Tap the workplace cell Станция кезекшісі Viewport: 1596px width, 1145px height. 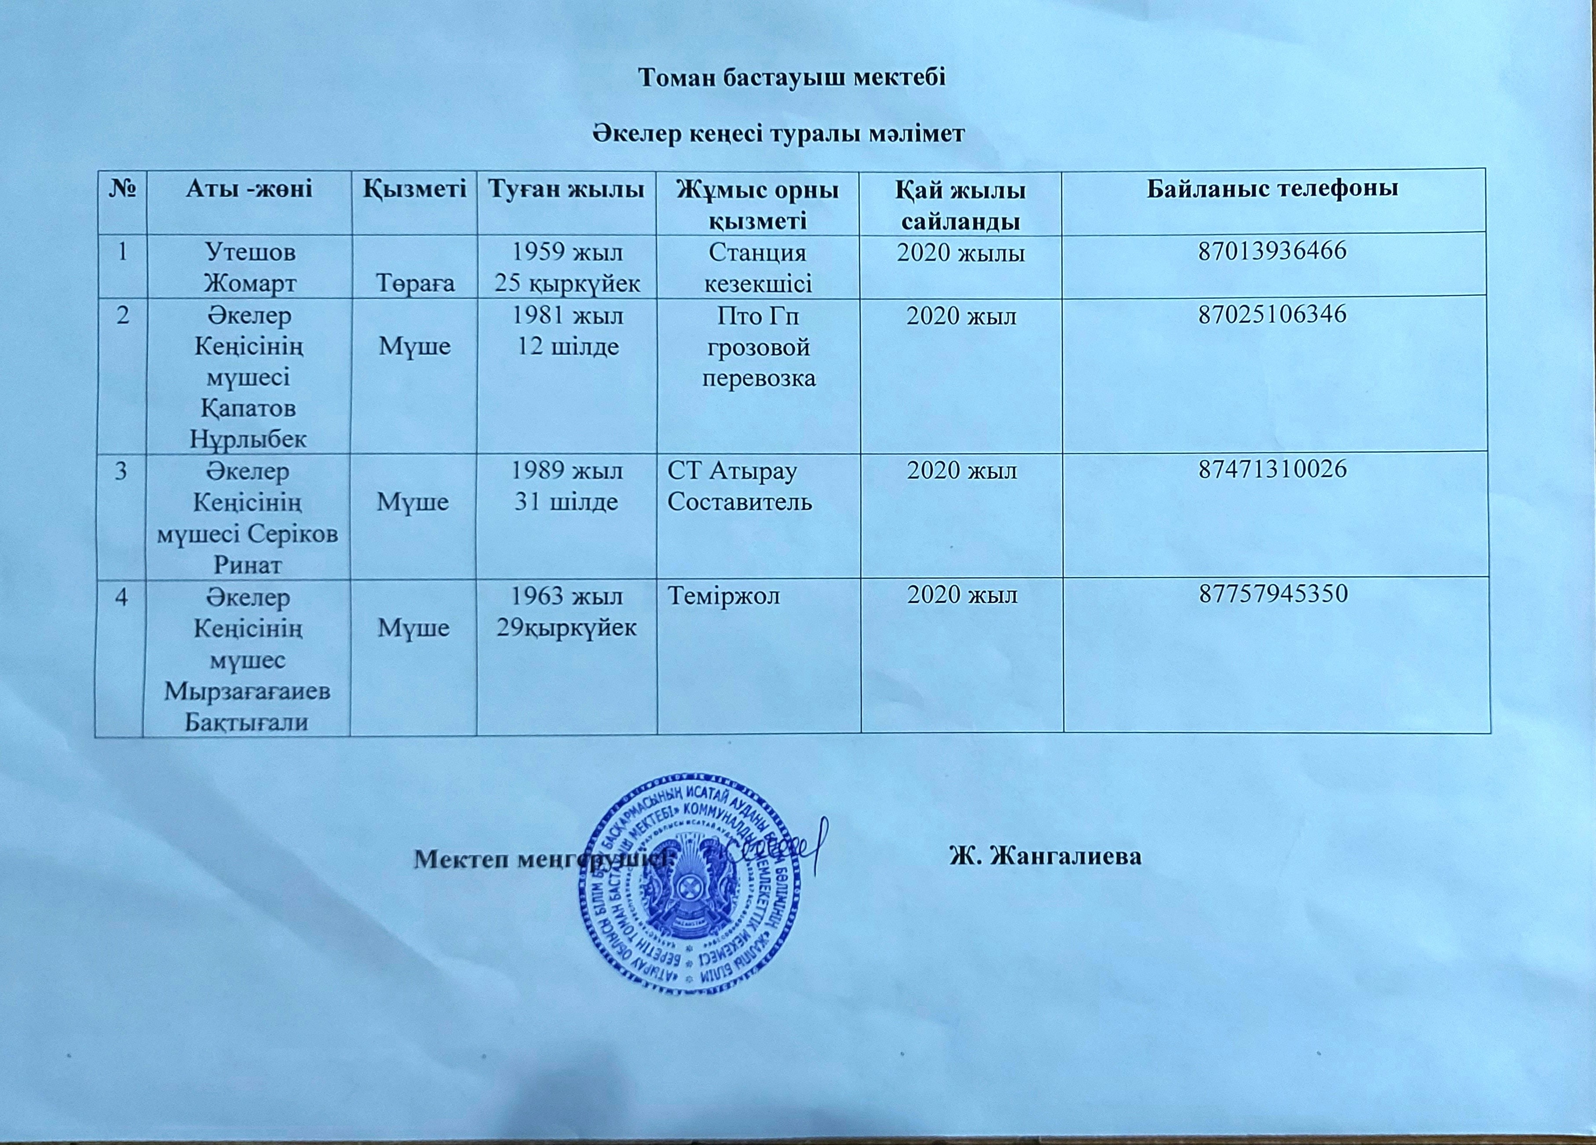[x=758, y=267]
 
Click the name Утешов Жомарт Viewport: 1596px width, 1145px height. [x=248, y=267]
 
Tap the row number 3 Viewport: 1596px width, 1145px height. [x=121, y=470]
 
